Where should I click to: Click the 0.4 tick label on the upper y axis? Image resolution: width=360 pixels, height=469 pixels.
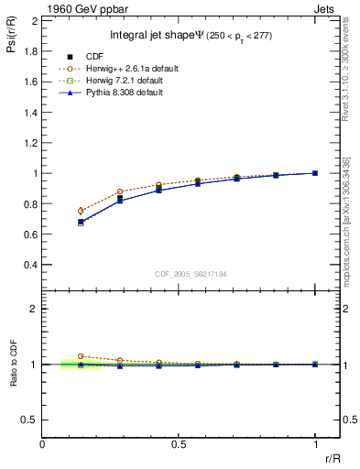pos(30,266)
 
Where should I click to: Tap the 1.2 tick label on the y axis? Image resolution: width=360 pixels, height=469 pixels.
pos(30,143)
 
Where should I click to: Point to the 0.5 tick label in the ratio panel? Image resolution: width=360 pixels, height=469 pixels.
pos(30,420)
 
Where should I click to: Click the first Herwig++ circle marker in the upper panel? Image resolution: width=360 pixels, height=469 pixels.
pos(82,211)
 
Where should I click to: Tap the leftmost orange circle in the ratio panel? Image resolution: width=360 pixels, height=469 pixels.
pos(82,356)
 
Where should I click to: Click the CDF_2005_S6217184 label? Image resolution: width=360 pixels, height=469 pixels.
pos(191,274)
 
